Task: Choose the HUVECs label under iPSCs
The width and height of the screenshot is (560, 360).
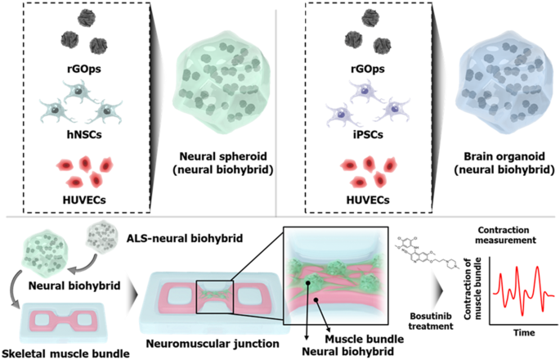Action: [x=356, y=197]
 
